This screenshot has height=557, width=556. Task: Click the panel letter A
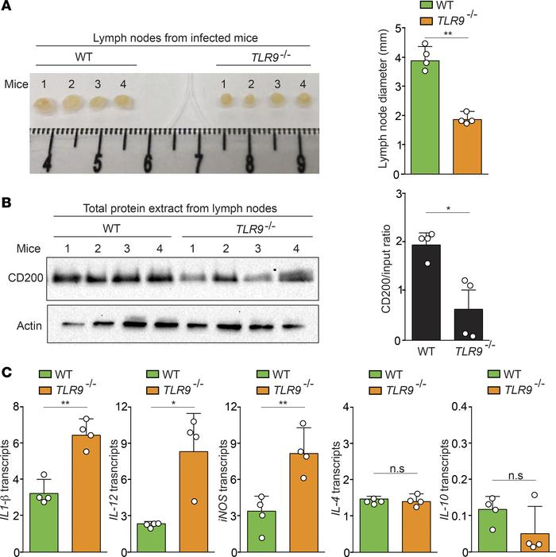point(8,7)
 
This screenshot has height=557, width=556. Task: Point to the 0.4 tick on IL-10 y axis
point(466,407)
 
